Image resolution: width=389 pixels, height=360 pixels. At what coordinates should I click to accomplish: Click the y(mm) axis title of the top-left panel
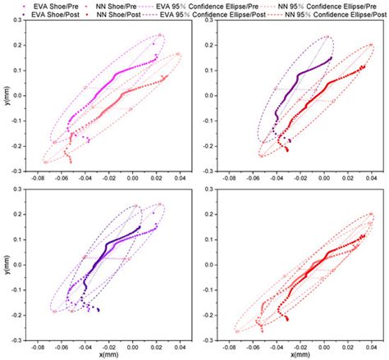6,98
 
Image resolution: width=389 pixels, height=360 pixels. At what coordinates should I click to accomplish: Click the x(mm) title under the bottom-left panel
104,353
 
